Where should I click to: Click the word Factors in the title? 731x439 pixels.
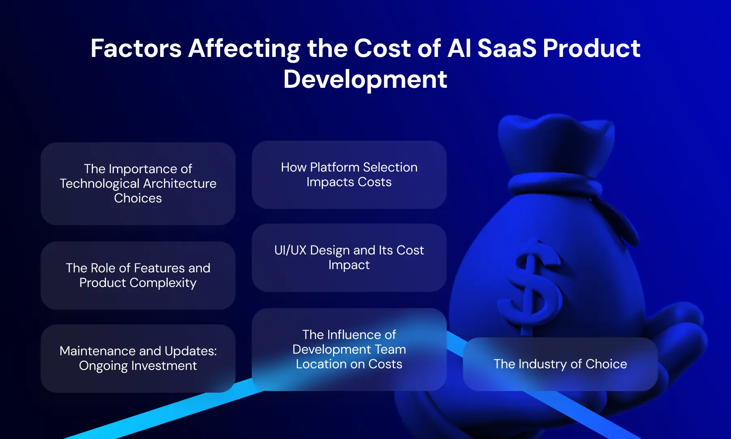pos(136,48)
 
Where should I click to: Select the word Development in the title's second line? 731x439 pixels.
pos(365,79)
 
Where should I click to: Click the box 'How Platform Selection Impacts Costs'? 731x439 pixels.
pos(349,175)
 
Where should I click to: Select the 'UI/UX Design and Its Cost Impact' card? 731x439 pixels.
pos(349,258)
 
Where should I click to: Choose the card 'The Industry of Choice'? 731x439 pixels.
pos(560,364)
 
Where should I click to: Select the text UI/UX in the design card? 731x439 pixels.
pos(290,250)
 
